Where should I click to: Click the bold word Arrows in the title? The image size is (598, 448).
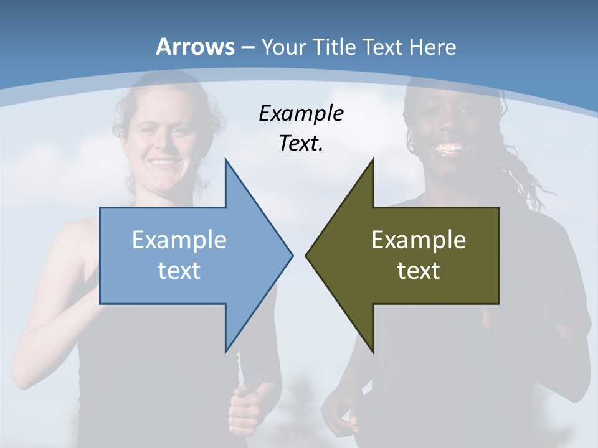196,47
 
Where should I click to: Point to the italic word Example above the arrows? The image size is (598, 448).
301,114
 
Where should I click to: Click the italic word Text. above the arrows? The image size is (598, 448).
301,143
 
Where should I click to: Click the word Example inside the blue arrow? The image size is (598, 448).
179,240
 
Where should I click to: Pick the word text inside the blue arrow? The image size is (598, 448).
179,270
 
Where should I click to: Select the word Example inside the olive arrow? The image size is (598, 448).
419,240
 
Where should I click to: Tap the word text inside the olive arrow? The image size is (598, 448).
419,270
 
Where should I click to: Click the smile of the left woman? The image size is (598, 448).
164,162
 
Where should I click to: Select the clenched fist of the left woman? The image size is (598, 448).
244,408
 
